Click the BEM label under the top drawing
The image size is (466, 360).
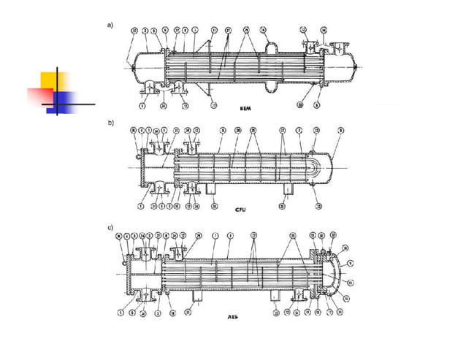(x=246, y=109)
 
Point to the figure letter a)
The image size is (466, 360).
(x=111, y=25)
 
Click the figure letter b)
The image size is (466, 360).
(x=111, y=123)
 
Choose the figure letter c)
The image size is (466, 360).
(x=111, y=228)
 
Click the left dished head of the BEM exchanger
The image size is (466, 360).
(x=133, y=66)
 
